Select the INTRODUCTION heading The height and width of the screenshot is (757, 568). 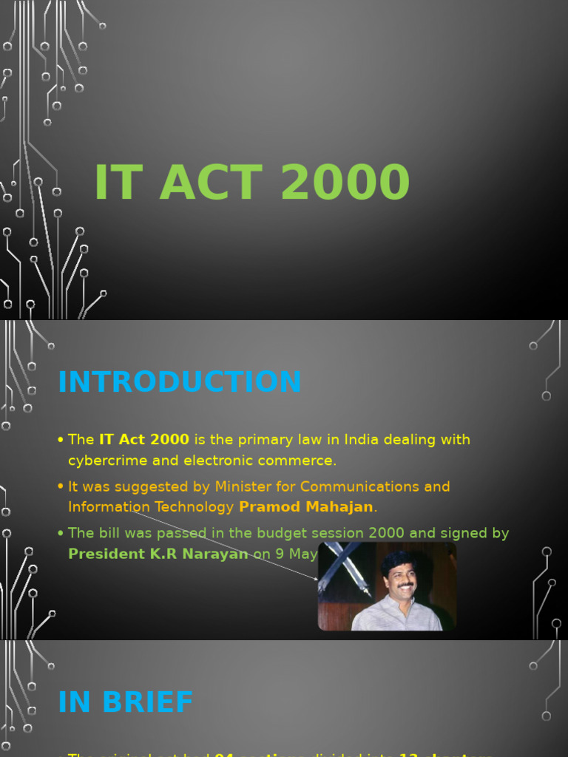coord(180,382)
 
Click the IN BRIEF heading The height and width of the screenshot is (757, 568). coord(126,702)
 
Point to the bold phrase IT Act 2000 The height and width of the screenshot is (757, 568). coord(144,440)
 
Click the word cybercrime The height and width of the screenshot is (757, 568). coord(104,461)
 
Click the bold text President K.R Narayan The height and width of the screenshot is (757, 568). coord(158,554)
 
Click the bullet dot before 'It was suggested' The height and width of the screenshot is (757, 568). coord(61,486)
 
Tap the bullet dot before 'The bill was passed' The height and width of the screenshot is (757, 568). coord(61,533)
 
